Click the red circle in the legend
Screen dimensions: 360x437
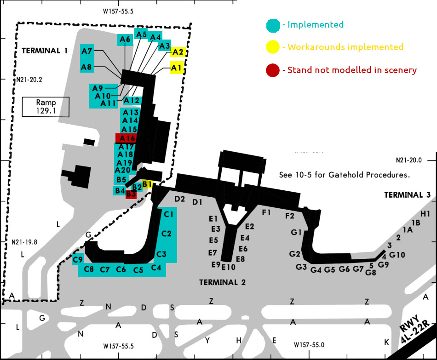coord(272,70)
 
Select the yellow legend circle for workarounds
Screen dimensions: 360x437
coord(272,47)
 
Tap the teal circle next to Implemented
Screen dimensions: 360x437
coord(272,24)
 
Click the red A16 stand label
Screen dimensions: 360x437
coord(126,138)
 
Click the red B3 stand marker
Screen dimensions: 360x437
coord(131,194)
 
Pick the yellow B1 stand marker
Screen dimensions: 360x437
coord(147,184)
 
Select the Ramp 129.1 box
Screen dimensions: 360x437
coord(46,106)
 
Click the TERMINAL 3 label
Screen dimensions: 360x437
coord(407,195)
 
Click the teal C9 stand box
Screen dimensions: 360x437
coord(78,259)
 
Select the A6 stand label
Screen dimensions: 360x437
coord(125,40)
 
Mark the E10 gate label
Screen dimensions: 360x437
coord(228,267)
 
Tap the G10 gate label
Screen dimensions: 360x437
coord(397,255)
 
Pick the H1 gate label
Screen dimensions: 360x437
coord(425,214)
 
